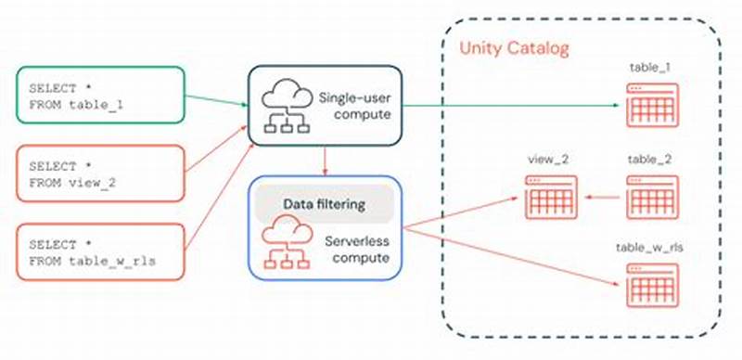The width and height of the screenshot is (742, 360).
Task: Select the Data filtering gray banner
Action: coord(324,203)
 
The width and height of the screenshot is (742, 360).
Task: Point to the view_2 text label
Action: coord(549,160)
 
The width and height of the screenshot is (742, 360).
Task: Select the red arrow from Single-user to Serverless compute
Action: coord(324,161)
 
